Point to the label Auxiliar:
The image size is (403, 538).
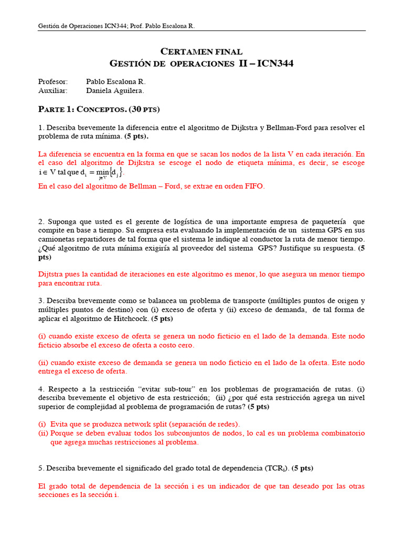(53, 91)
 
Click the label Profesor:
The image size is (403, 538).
(53, 82)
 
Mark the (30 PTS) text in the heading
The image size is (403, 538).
(143, 109)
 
